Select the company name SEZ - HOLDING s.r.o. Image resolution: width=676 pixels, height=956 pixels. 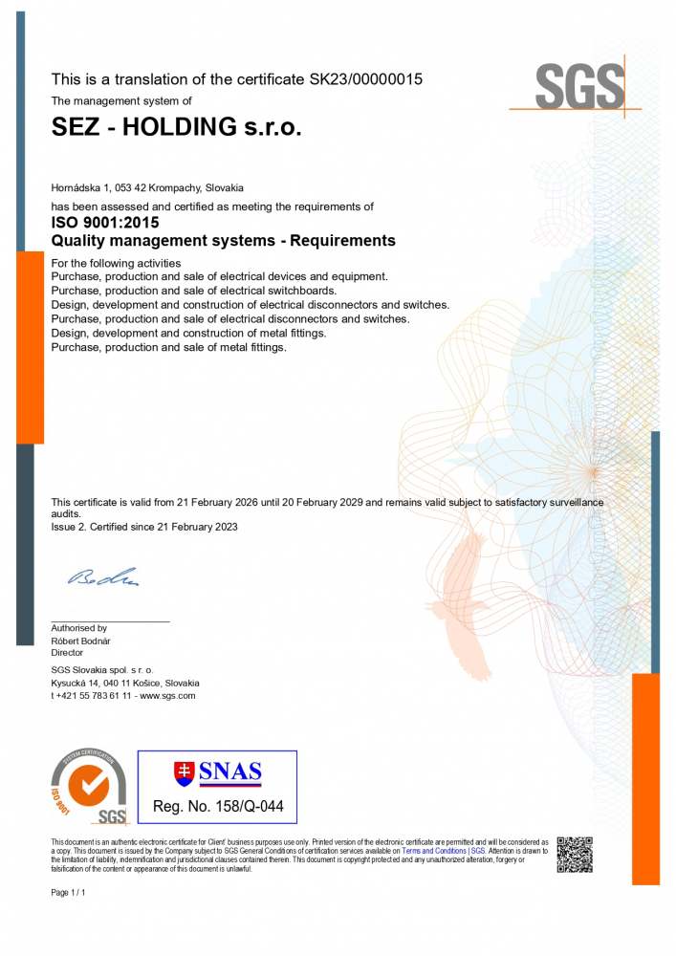pyautogui.click(x=176, y=127)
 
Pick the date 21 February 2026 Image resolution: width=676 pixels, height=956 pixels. pyautogui.click(x=228, y=502)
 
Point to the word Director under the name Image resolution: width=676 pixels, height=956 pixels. pyautogui.click(x=67, y=652)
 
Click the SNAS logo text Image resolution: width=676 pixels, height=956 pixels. pyautogui.click(x=229, y=772)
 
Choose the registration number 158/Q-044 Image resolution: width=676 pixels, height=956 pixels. pyautogui.click(x=243, y=807)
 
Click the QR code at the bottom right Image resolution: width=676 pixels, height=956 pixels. pyautogui.click(x=574, y=854)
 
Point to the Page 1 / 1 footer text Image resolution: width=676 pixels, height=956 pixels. pyautogui.click(x=68, y=892)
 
